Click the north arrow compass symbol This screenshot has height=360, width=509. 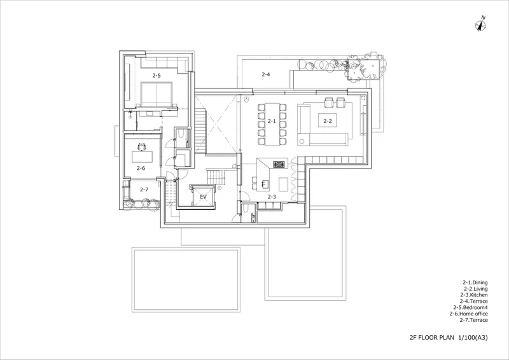point(480,24)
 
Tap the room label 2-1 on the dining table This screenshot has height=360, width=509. point(272,121)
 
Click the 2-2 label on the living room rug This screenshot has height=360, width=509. point(328,121)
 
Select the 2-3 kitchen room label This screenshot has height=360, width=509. point(272,197)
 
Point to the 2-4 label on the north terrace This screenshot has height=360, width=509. point(265,74)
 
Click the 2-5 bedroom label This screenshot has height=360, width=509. point(157,75)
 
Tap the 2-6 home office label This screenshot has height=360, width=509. point(141,168)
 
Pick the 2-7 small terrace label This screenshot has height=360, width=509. point(144,190)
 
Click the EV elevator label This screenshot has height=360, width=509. point(203,197)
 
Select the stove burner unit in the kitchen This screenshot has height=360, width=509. point(279,164)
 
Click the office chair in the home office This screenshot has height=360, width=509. point(141,147)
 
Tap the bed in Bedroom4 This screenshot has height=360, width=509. point(156,94)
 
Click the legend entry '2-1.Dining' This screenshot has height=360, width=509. point(475,283)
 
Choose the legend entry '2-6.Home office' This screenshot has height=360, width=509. point(468,314)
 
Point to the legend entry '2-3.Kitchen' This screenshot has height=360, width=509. point(474,295)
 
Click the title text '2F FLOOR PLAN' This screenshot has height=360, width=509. point(432,338)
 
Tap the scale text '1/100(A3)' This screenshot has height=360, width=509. point(473,338)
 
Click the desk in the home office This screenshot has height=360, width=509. point(143,157)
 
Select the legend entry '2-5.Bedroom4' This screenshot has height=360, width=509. point(471,307)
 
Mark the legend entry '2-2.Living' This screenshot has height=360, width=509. point(475,289)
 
